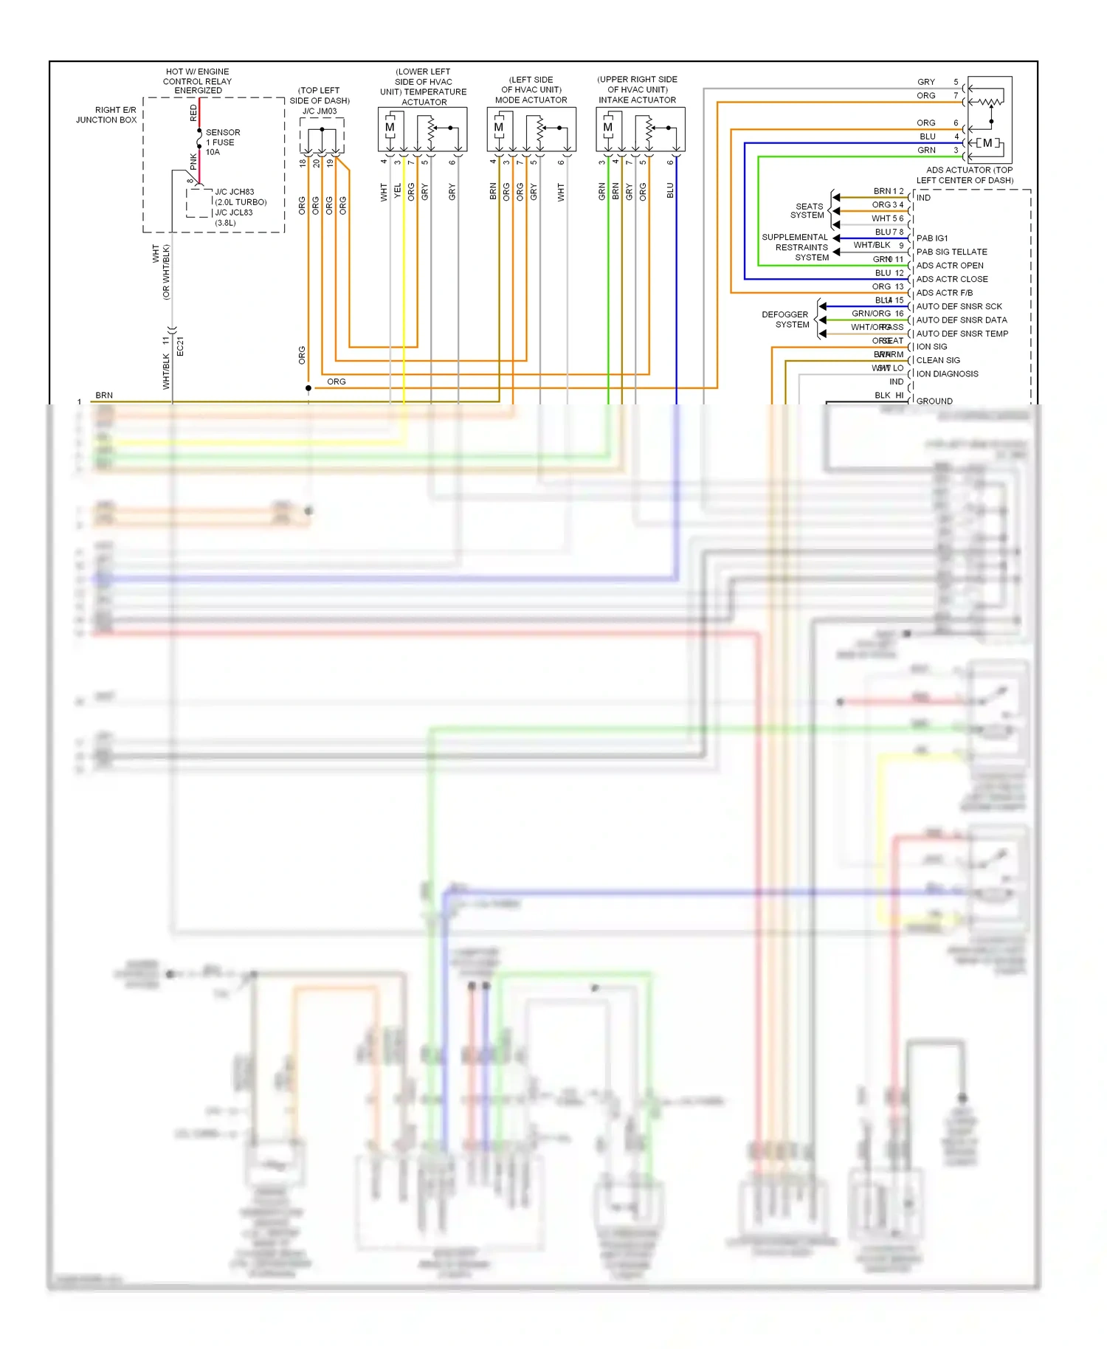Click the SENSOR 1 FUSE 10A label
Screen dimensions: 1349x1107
click(222, 142)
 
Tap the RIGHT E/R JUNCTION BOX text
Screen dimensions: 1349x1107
click(106, 115)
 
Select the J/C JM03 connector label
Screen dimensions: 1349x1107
click(319, 111)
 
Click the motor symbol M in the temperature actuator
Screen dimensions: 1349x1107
click(390, 128)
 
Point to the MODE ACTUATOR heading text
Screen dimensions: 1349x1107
click(531, 100)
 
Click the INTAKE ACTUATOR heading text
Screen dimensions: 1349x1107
click(637, 100)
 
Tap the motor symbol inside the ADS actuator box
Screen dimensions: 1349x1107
click(987, 143)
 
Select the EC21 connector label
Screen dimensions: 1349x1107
click(180, 347)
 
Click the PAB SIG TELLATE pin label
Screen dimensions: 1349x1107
click(951, 252)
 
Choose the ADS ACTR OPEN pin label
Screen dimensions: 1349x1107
click(949, 266)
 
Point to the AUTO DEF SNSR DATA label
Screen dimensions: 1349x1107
click(961, 320)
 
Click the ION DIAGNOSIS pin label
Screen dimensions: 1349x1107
click(947, 374)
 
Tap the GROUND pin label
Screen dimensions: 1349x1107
click(934, 401)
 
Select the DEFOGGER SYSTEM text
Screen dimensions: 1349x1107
click(785, 320)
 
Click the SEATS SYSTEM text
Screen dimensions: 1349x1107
click(807, 211)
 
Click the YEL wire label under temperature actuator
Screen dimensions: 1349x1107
click(398, 191)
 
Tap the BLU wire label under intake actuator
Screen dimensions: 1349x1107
click(670, 190)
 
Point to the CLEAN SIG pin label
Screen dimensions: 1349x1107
click(938, 361)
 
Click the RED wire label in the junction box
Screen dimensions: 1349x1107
click(194, 113)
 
